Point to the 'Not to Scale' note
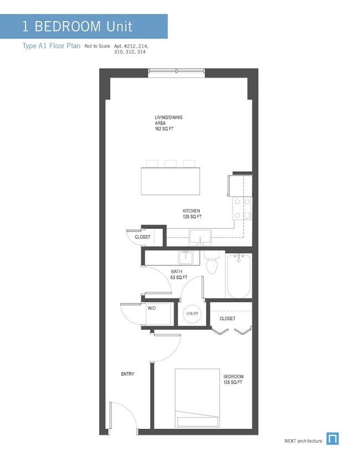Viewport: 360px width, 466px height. (x=97, y=47)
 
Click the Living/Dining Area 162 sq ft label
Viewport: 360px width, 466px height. (x=168, y=123)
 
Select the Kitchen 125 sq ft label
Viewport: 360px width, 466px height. (x=192, y=214)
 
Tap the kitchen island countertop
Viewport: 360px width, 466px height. (x=171, y=181)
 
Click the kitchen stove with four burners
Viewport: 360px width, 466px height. (x=242, y=208)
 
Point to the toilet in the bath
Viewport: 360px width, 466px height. (x=212, y=264)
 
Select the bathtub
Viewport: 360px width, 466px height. (x=239, y=275)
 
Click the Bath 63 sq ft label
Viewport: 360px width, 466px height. (x=179, y=274)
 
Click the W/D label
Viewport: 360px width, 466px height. (x=152, y=308)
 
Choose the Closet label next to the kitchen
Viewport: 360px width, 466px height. (x=142, y=237)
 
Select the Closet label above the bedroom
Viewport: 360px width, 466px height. (x=227, y=319)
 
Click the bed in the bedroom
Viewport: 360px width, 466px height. (x=197, y=397)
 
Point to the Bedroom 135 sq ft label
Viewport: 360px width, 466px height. (x=233, y=380)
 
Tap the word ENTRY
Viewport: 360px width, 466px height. (x=127, y=374)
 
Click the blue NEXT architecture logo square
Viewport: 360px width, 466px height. (x=332, y=439)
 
